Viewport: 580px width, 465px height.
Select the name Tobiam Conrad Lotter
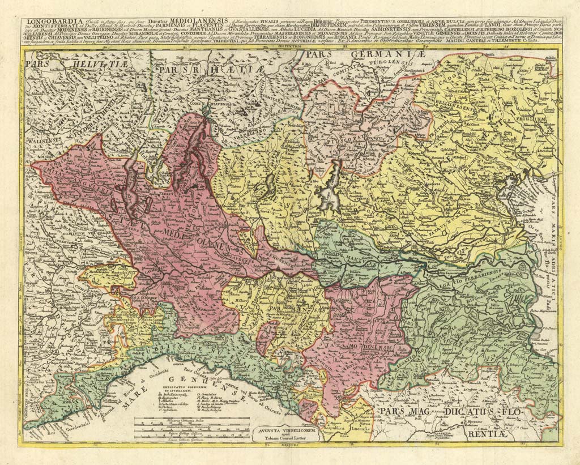tap(283, 438)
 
